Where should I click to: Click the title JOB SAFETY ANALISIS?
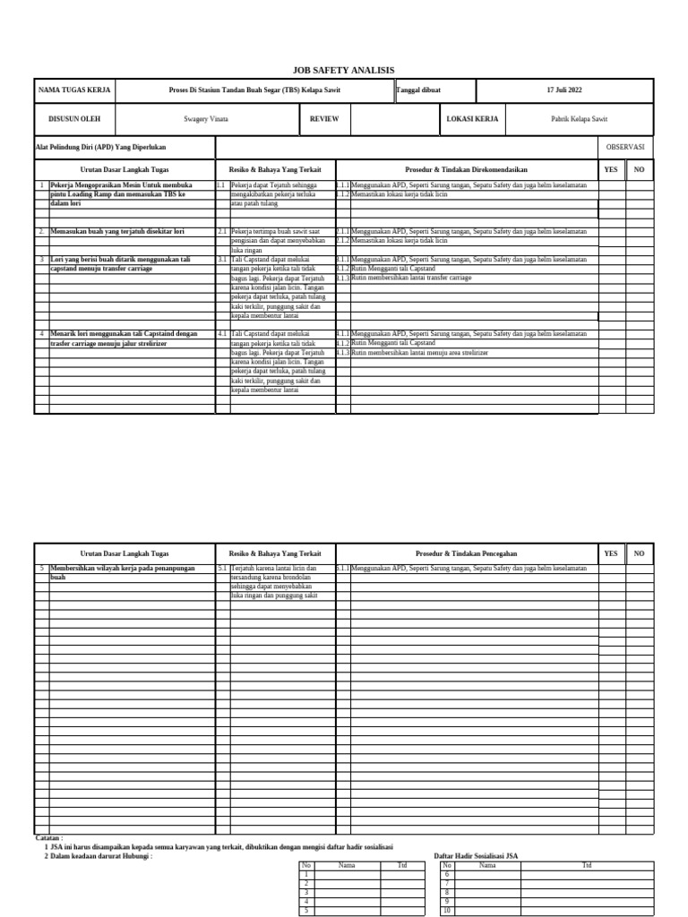click(343, 70)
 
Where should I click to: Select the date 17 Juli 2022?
click(564, 90)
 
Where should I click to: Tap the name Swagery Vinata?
click(206, 118)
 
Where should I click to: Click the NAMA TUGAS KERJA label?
click(74, 90)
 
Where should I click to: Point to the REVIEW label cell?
click(324, 118)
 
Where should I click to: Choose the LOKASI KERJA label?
click(472, 118)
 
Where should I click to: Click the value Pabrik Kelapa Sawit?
click(579, 118)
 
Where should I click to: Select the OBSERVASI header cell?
click(624, 147)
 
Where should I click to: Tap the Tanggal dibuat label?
click(418, 90)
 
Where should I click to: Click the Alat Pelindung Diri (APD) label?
click(100, 147)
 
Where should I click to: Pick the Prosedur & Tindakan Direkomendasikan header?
click(467, 169)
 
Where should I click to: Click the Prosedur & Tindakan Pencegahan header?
click(467, 554)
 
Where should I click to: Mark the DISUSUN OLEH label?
click(74, 118)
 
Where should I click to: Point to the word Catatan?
click(49, 839)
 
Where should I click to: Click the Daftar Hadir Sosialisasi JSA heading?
click(476, 856)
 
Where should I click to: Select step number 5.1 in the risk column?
click(222, 569)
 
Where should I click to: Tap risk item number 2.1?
click(222, 231)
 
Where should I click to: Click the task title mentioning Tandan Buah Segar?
click(254, 90)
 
